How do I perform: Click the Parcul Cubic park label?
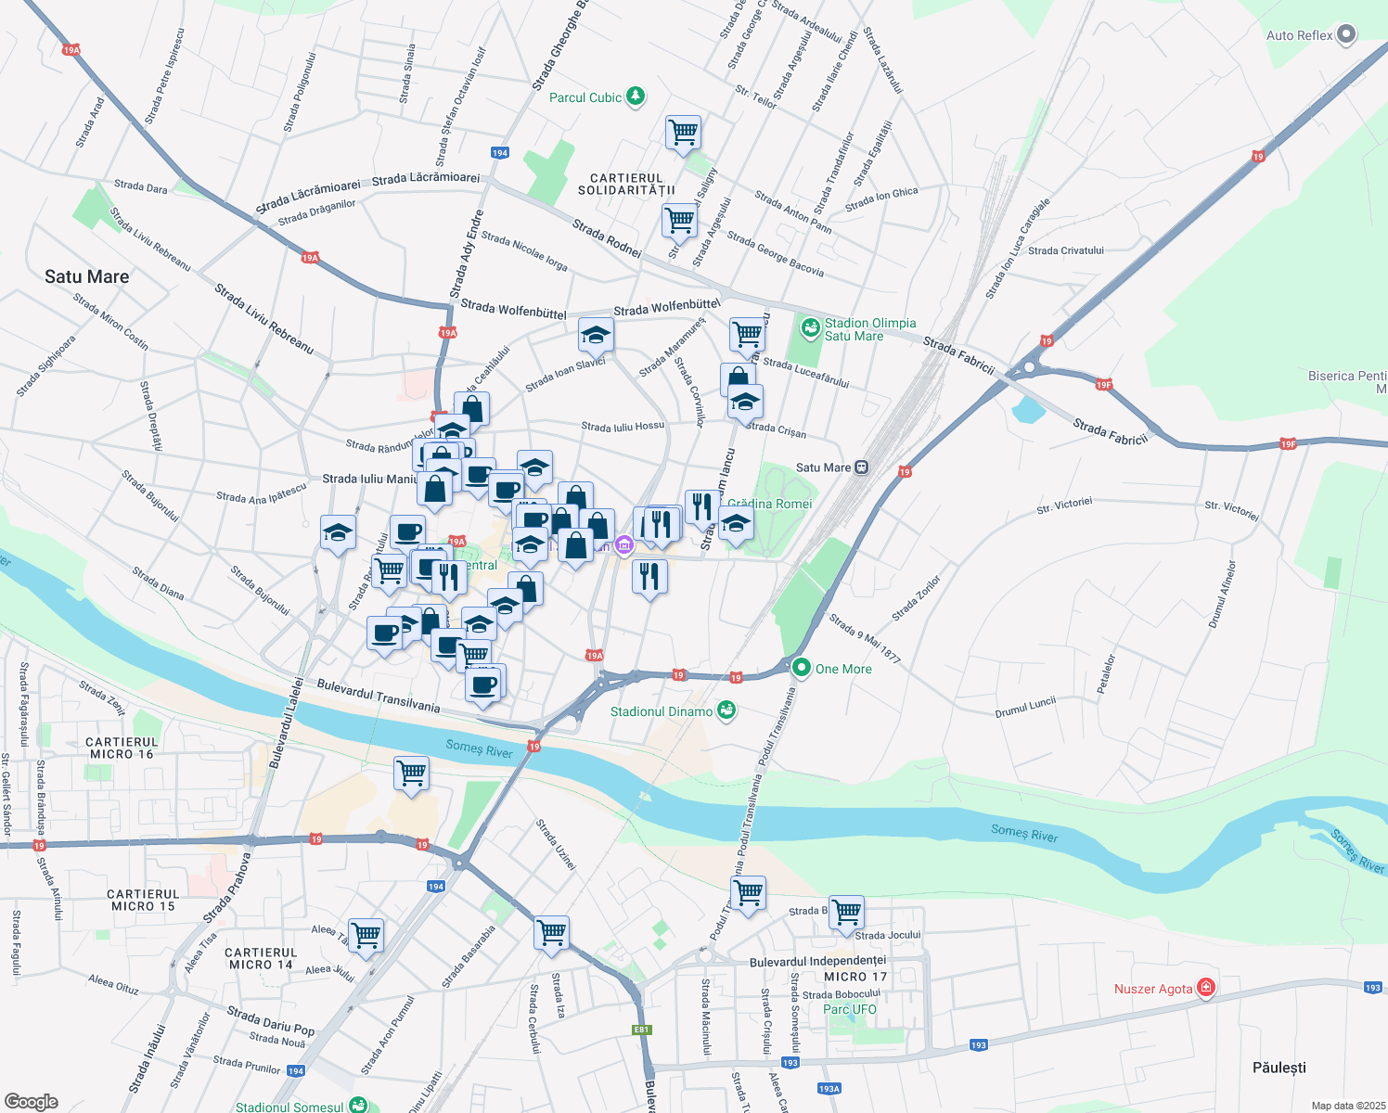tap(585, 97)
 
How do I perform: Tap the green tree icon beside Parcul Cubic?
tap(636, 96)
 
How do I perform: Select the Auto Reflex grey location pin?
tap(1346, 35)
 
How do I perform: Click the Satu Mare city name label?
tap(86, 276)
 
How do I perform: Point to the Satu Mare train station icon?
tap(862, 467)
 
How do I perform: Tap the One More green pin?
tap(801, 668)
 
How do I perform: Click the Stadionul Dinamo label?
tap(661, 711)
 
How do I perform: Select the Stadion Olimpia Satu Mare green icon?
tap(811, 327)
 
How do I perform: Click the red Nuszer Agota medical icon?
tap(1206, 988)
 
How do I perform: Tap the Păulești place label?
tap(1279, 1068)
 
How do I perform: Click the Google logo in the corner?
tap(31, 1101)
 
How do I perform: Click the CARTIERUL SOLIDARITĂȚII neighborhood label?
tap(626, 184)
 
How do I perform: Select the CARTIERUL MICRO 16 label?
tap(122, 748)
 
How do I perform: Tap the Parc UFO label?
tap(849, 1009)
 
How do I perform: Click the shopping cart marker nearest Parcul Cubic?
tap(683, 132)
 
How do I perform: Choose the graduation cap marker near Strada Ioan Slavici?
tap(596, 336)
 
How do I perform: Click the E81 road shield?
tap(641, 1030)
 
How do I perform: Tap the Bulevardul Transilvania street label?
tap(378, 695)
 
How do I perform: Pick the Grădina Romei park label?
tap(769, 504)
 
